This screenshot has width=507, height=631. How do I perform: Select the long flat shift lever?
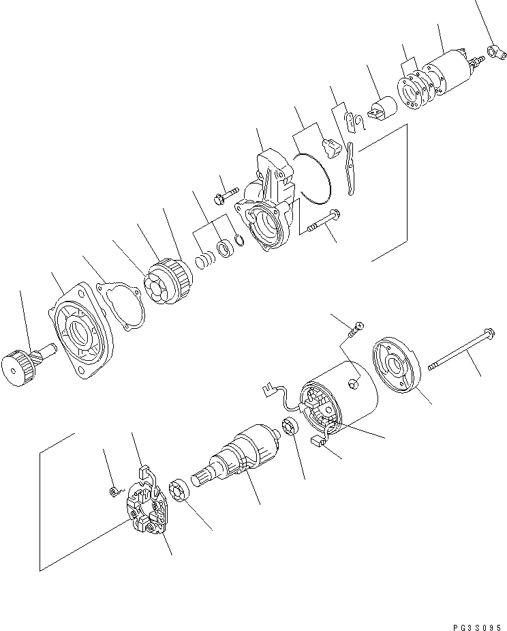point(350,168)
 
